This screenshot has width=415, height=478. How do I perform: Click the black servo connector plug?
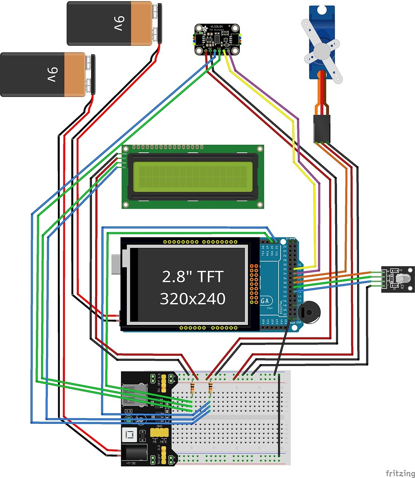coord(322,129)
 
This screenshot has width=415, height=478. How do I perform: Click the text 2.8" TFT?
coord(192,277)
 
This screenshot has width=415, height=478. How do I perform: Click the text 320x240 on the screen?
coord(192,299)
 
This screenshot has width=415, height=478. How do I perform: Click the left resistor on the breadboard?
coord(192,387)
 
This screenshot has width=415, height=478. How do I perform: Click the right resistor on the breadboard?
coord(210,387)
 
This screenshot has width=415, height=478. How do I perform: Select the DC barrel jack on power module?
coord(135,453)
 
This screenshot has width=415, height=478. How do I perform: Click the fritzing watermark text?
coord(400,473)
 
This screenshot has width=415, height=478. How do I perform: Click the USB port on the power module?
coord(134,395)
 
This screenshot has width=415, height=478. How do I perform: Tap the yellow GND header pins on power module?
coord(160,434)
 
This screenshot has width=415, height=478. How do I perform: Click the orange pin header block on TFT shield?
coord(254,282)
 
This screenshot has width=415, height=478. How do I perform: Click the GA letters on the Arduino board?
coord(266,301)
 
